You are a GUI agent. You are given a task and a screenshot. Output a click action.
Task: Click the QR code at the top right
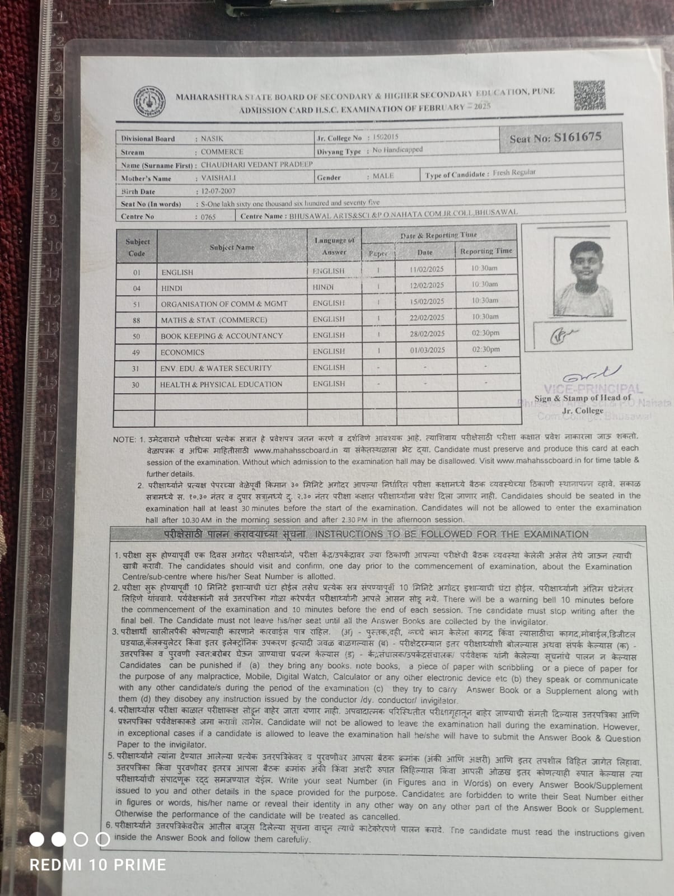tap(589, 95)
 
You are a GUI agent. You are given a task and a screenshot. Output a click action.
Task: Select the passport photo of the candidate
tap(583, 278)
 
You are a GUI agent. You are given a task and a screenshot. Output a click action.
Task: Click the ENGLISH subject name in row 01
tap(177, 272)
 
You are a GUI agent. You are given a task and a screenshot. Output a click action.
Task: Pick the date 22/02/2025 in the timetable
tap(427, 318)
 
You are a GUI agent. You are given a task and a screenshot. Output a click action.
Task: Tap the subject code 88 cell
tap(137, 320)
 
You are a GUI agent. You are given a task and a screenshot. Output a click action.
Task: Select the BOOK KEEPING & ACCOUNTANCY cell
tap(222, 336)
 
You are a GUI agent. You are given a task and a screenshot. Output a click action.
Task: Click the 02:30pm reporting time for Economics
tap(485, 349)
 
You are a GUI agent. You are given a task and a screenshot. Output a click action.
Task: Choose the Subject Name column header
tap(232, 247)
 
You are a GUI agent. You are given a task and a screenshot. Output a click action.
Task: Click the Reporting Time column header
tap(486, 251)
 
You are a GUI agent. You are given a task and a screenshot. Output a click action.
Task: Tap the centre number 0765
tap(208, 217)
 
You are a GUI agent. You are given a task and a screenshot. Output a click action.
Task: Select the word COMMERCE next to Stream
tap(222, 152)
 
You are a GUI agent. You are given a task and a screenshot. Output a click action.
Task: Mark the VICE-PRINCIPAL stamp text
tap(592, 388)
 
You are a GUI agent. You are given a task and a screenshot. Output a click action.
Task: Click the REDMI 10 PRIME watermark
tap(97, 865)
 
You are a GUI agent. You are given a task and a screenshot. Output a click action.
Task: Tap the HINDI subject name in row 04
tap(171, 288)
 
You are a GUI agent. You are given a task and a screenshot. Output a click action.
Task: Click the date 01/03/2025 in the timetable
tap(427, 350)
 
